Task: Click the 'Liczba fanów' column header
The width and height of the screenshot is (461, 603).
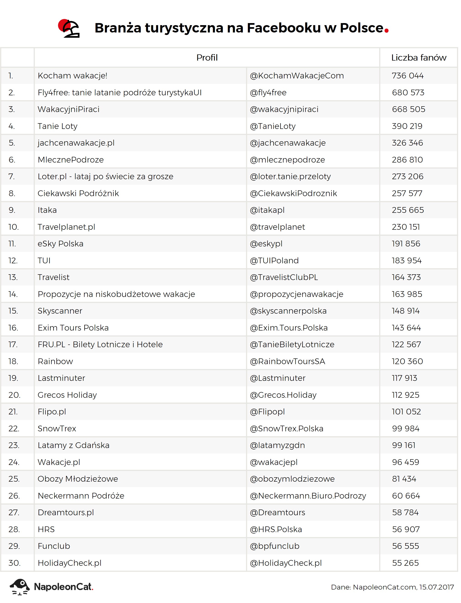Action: [x=419, y=58]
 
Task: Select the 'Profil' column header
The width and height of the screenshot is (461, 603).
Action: [x=207, y=58]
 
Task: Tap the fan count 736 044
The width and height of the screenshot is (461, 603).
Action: [x=408, y=76]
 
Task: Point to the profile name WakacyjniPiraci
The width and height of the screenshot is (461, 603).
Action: [x=68, y=109]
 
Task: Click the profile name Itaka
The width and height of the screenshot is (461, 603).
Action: [x=47, y=210]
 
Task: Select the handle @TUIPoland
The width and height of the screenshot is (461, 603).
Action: [x=274, y=261]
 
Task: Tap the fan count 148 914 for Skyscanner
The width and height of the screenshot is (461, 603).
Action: [x=405, y=311]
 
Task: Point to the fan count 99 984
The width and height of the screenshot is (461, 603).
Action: [x=405, y=429]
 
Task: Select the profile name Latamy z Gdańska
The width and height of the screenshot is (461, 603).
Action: [x=73, y=445]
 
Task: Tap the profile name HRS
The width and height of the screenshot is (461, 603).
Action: [x=46, y=529]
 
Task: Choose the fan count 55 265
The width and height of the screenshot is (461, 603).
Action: [x=405, y=563]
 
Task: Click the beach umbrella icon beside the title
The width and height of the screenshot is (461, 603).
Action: [x=69, y=28]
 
